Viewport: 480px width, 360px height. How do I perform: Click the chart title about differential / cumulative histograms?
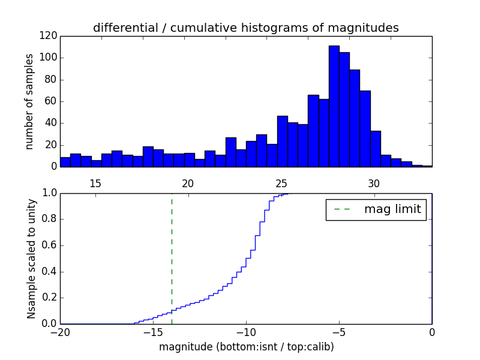point(245,28)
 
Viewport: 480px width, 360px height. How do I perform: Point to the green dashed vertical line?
point(172,252)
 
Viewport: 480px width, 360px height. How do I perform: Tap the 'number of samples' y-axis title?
point(29,101)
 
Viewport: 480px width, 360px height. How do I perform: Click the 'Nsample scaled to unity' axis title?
point(31,258)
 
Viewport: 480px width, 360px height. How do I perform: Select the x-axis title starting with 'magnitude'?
point(246,347)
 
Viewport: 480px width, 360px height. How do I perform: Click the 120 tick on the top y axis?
point(49,36)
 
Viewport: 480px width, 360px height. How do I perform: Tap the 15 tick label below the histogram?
point(95,184)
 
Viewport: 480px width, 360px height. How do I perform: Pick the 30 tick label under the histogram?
point(373,184)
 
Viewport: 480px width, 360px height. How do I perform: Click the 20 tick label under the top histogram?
point(187,184)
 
